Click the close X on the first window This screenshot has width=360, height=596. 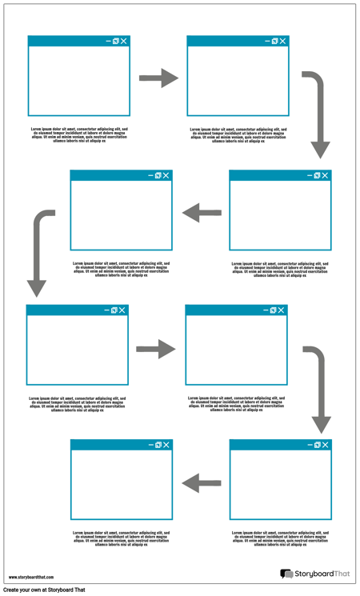pyautogui.click(x=124, y=41)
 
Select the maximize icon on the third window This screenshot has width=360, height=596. pyautogui.click(x=318, y=175)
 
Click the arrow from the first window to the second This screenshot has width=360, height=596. pyautogui.click(x=158, y=78)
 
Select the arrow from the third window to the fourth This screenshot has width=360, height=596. pyautogui.click(x=202, y=213)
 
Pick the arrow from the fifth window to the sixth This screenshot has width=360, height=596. pyautogui.click(x=155, y=349)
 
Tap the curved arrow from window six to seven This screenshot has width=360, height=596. pyautogui.click(x=319, y=384)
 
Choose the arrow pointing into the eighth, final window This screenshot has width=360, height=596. pyautogui.click(x=202, y=482)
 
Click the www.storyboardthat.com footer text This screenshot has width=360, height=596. pyautogui.click(x=30, y=577)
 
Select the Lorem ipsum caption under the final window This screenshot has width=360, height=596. pyautogui.click(x=122, y=538)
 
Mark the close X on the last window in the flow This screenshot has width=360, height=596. pyautogui.click(x=166, y=444)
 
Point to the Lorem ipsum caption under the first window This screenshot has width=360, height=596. pyautogui.click(x=79, y=134)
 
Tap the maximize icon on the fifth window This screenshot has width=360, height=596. pyautogui.click(x=114, y=310)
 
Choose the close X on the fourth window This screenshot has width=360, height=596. pyautogui.click(x=166, y=175)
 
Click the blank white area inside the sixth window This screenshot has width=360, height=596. pyautogui.click(x=236, y=351)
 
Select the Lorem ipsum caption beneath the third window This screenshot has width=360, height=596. pyautogui.click(x=280, y=269)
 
